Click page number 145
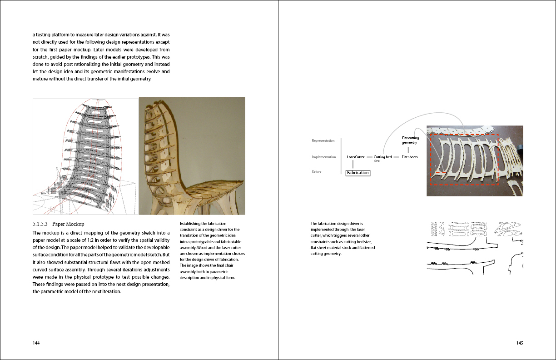point(520,343)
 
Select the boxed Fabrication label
point(358,173)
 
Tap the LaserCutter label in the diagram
point(356,157)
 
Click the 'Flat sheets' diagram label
point(409,157)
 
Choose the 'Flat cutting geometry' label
point(410,140)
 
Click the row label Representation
point(323,141)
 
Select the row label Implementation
point(324,157)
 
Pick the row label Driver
point(317,172)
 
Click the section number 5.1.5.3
point(40,224)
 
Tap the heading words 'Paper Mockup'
point(68,224)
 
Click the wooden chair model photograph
point(192,156)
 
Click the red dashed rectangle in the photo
point(464,135)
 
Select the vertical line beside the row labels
point(341,156)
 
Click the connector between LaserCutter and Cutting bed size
point(369,157)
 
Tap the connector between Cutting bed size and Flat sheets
point(397,157)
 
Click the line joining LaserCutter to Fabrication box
point(353,165)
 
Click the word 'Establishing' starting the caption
point(190,224)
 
